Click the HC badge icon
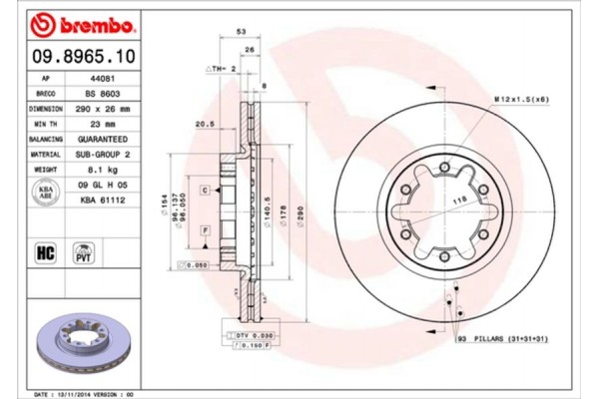(x=45, y=251)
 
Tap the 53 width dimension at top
(x=241, y=33)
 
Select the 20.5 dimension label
(x=207, y=124)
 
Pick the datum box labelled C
(x=204, y=190)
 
